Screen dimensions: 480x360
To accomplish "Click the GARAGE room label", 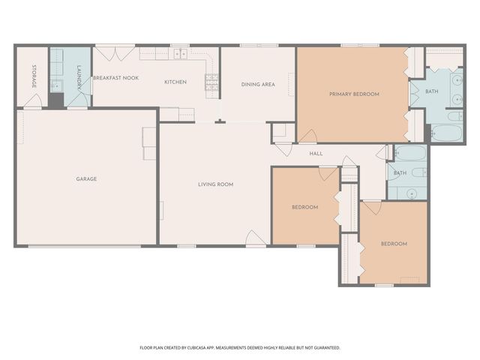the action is (x=86, y=178).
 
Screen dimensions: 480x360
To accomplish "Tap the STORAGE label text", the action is (x=34, y=76).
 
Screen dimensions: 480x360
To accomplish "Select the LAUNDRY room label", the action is (x=79, y=77).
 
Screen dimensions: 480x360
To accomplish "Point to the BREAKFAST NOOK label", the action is (x=116, y=78).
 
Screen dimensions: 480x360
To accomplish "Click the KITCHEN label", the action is (x=175, y=82).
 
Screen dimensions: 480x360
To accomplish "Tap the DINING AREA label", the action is (x=258, y=85).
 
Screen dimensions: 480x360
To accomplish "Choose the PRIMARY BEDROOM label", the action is (x=354, y=94).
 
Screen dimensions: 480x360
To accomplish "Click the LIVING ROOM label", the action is (x=216, y=184).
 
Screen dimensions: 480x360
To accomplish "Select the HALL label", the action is (x=316, y=154).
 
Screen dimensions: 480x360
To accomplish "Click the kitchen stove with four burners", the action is (x=211, y=82).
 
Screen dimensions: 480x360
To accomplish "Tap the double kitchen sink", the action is (x=181, y=54).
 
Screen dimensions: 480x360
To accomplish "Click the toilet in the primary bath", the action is (x=455, y=116).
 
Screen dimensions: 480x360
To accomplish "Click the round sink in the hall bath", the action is (x=412, y=193).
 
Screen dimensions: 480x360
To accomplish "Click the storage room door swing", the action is (x=33, y=100).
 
